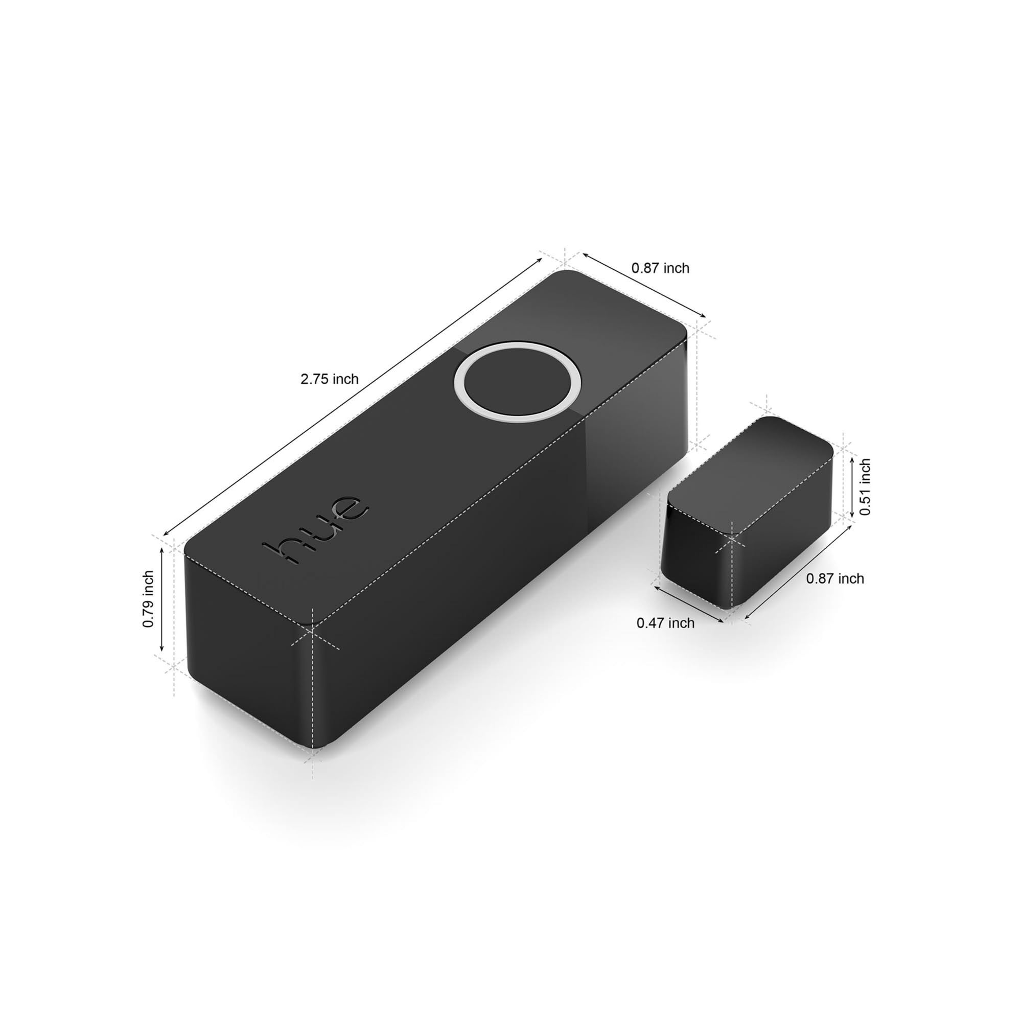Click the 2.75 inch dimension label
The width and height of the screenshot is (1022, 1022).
pyautogui.click(x=329, y=379)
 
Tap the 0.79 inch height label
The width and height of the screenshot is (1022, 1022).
pyautogui.click(x=149, y=599)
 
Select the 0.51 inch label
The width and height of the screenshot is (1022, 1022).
pyautogui.click(x=865, y=487)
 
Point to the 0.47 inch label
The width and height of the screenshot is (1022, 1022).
pyautogui.click(x=665, y=623)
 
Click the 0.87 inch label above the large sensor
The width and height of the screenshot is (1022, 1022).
pyautogui.click(x=660, y=268)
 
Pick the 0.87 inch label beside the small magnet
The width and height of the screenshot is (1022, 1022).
pyautogui.click(x=835, y=579)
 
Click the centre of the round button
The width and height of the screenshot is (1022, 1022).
pyautogui.click(x=518, y=382)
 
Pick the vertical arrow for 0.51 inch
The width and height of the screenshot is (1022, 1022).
pyautogui.click(x=852, y=487)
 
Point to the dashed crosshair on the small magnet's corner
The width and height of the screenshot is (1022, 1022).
pyautogui.click(x=732, y=539)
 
